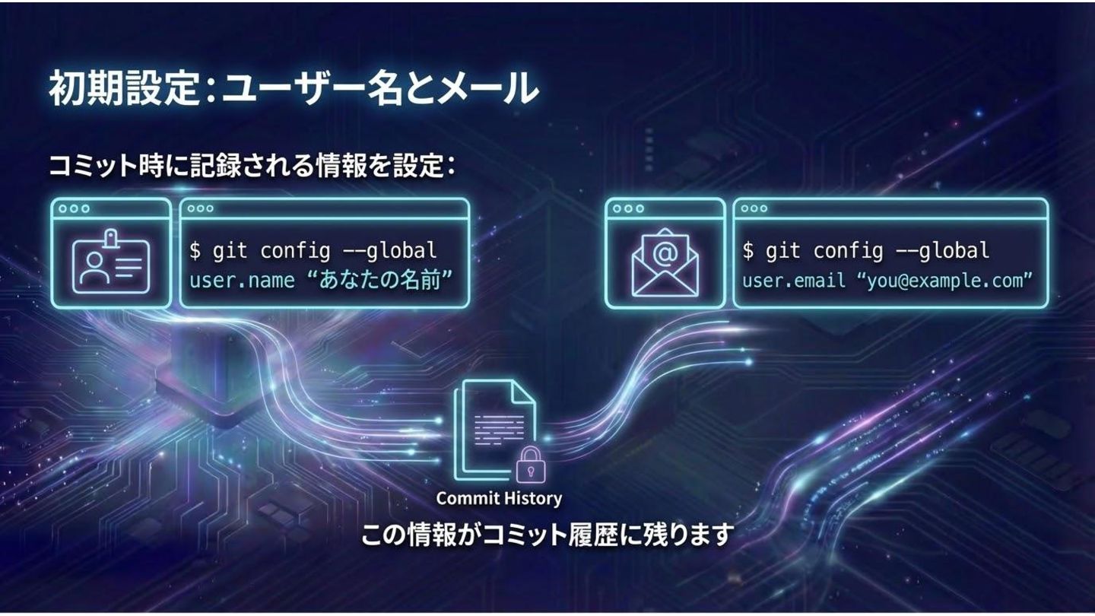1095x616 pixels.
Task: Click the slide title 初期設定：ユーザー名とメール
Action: click(x=294, y=90)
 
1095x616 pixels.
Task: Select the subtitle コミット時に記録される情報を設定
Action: click(x=251, y=165)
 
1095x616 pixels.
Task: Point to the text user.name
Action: click(x=242, y=281)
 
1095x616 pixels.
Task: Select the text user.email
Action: click(x=794, y=281)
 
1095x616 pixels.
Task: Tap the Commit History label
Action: click(x=499, y=499)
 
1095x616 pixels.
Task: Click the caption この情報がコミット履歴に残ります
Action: click(x=546, y=535)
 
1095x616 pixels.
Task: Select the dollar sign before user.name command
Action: click(x=195, y=250)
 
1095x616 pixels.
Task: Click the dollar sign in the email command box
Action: click(x=748, y=250)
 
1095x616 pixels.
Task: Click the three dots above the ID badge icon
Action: click(x=74, y=208)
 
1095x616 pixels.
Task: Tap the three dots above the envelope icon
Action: click(x=627, y=208)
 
